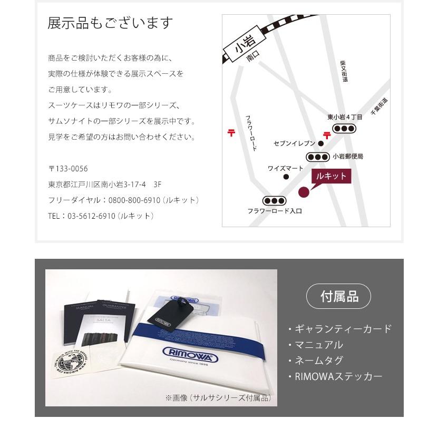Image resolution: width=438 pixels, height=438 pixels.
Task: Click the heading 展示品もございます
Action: pyautogui.click(x=110, y=23)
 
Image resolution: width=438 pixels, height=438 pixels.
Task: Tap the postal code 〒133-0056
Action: pyautogui.click(x=68, y=169)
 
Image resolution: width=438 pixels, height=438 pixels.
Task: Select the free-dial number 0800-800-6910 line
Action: pyautogui.click(x=123, y=200)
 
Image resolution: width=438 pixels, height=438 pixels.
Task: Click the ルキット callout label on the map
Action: pyautogui.click(x=330, y=176)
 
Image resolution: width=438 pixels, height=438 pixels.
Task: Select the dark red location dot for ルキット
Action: pyautogui.click(x=304, y=192)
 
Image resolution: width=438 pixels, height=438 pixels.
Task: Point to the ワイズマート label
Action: pyautogui.click(x=285, y=169)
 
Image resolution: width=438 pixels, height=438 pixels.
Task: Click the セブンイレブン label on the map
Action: pyautogui.click(x=295, y=143)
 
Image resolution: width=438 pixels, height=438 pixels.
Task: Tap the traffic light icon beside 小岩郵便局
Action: pyautogui.click(x=318, y=157)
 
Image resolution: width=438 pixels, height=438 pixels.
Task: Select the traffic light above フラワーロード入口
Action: pyautogui.click(x=274, y=201)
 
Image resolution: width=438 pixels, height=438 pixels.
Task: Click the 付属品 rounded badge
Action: pyautogui.click(x=338, y=297)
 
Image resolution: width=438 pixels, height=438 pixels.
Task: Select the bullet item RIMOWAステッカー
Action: pyautogui.click(x=338, y=376)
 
